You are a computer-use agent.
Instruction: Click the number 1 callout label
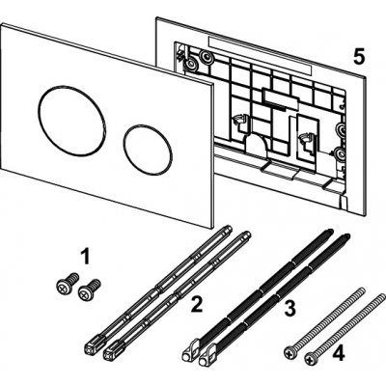[85, 258]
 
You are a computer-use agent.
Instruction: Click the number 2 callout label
[197, 304]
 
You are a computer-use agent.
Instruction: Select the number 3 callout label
[289, 308]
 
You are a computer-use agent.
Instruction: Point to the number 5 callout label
[359, 58]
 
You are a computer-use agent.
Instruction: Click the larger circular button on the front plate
[71, 121]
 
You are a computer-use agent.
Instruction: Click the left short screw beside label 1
[68, 283]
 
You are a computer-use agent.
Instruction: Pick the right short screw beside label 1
[89, 289]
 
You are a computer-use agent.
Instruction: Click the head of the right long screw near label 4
[310, 358]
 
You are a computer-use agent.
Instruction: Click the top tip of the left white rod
[229, 228]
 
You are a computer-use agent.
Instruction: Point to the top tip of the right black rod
[347, 235]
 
